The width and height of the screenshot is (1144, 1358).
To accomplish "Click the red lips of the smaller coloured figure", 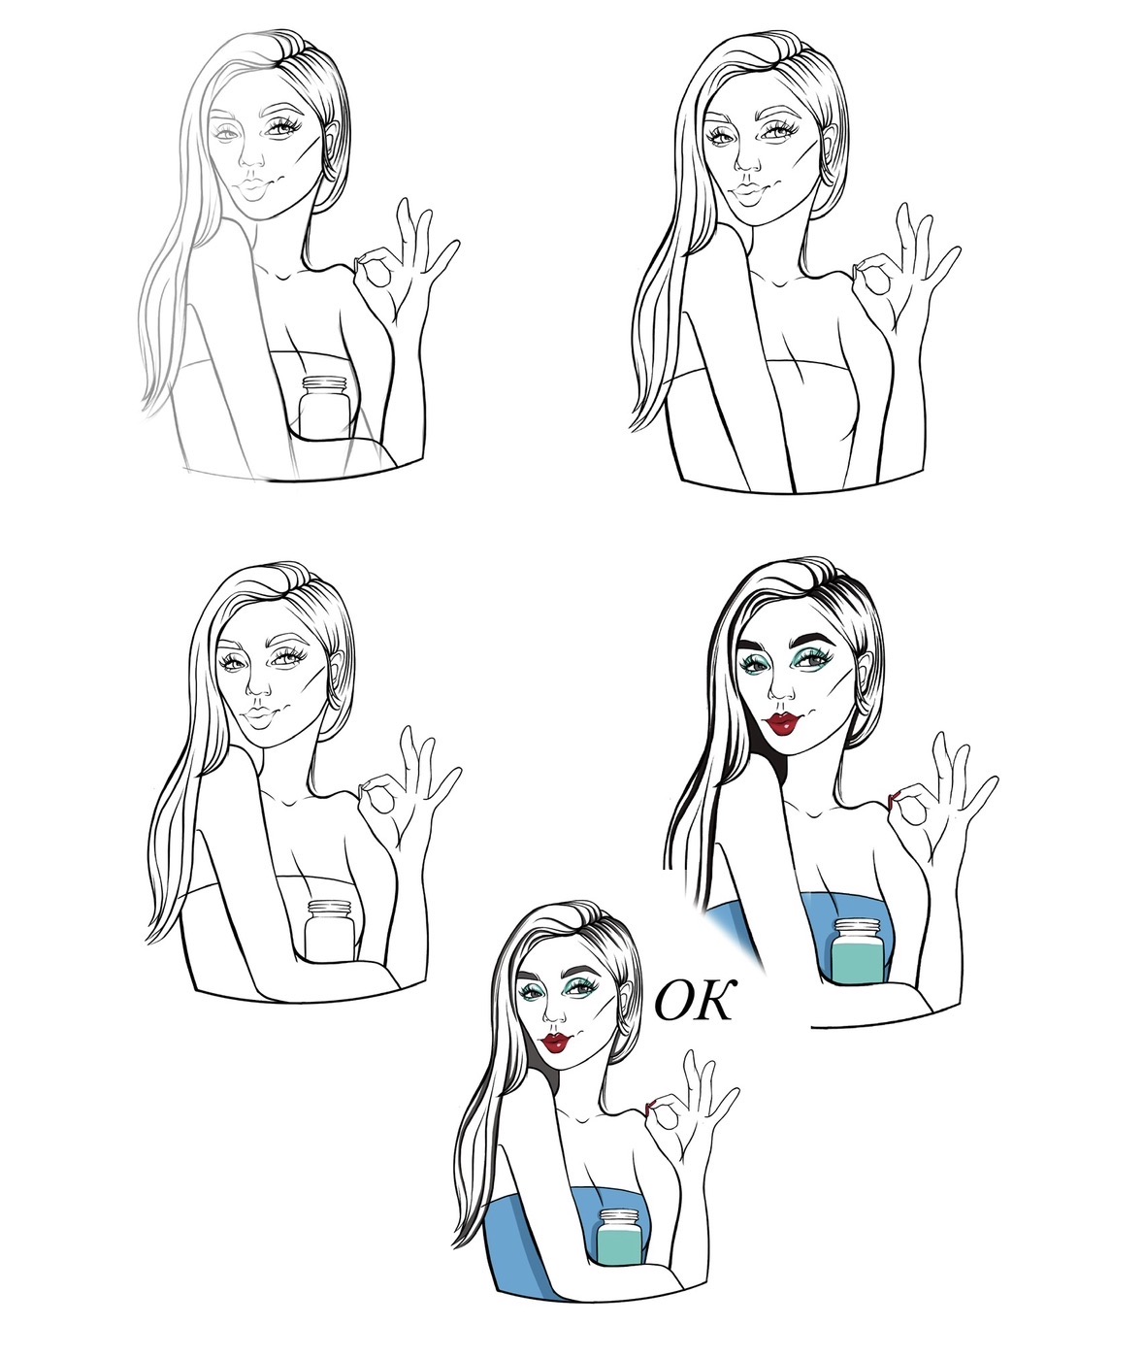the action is click(557, 1043).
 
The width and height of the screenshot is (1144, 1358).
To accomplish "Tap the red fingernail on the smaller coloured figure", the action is click(648, 1107).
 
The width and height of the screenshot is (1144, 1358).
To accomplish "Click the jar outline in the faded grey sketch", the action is click(324, 408).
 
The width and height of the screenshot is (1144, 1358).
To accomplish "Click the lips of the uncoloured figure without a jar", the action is click(749, 193).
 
